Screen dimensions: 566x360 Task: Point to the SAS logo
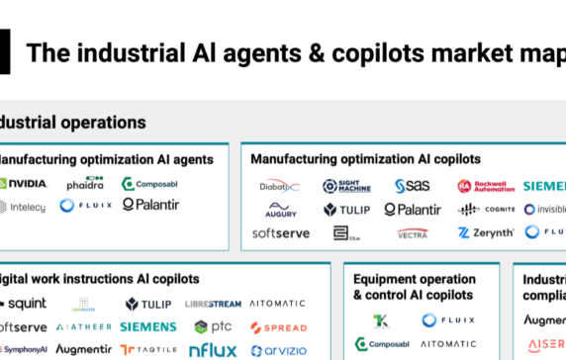412,186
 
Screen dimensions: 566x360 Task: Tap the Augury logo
280,210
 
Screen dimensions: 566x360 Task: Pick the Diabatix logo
280,186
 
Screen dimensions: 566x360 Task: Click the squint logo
24,304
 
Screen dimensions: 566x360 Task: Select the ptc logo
214,327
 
